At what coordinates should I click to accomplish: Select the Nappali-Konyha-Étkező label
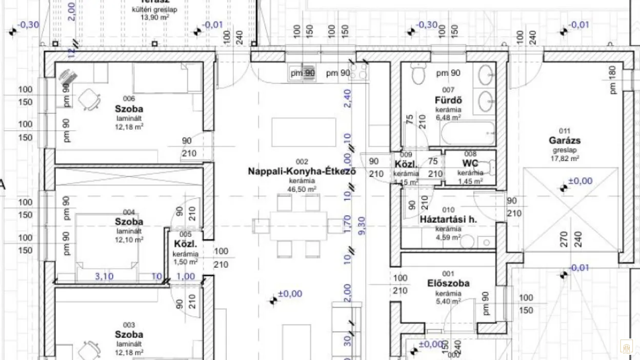point(302,171)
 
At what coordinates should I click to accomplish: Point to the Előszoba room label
point(448,283)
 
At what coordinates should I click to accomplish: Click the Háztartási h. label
point(448,219)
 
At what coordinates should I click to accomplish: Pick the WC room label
point(470,164)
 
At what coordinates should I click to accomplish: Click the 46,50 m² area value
point(302,189)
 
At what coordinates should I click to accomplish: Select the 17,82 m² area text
point(566,159)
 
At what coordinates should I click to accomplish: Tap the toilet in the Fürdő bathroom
point(418,74)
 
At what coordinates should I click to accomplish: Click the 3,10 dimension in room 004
point(104,276)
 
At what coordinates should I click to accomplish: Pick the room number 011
point(564,130)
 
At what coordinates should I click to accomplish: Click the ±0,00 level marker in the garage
point(580,181)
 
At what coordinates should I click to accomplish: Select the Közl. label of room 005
point(185,244)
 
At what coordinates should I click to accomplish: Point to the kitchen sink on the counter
point(308,73)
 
